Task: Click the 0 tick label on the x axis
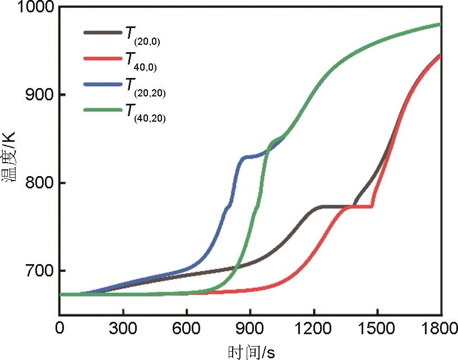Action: click(59, 327)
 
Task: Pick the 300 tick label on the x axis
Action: click(123, 327)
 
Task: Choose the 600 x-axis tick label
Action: click(187, 327)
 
